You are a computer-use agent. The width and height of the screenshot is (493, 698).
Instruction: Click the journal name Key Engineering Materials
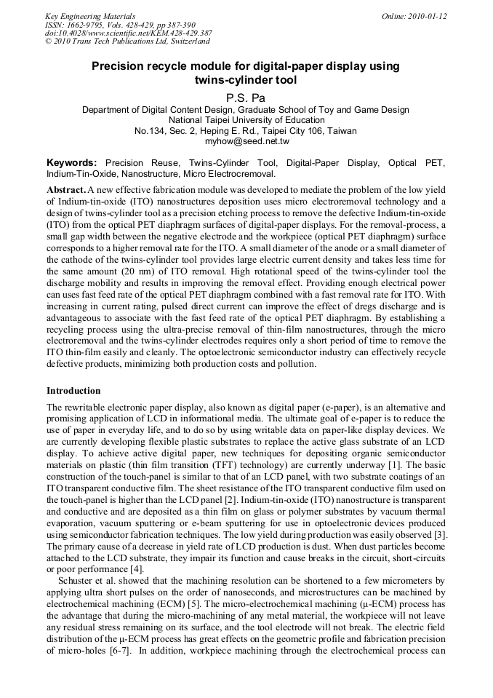90,16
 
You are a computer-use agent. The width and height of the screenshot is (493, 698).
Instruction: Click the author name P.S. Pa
246,96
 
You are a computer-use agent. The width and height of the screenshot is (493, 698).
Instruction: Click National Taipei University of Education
246,120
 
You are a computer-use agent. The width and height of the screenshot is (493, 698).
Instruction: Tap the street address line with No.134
246,131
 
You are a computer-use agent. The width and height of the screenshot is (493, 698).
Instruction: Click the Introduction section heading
73,391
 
